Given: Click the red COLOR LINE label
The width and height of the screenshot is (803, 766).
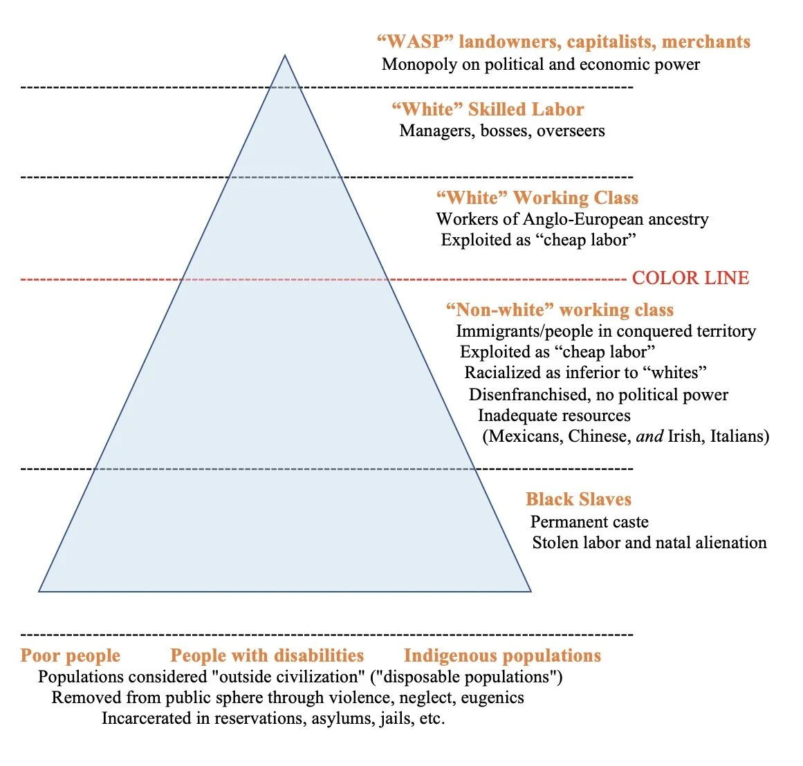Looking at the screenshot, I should (690, 278).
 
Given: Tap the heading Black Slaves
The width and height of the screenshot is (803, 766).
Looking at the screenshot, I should (578, 499).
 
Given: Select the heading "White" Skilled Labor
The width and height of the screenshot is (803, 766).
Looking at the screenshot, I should (488, 109).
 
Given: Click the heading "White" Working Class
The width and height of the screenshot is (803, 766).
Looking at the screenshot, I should (537, 198).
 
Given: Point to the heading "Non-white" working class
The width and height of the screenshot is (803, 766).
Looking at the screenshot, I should (560, 309).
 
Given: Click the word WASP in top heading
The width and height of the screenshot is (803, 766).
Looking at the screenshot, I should (415, 41).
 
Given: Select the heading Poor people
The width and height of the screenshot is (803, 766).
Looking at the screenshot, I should (70, 655).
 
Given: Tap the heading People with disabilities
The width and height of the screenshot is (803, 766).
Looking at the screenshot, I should (267, 655).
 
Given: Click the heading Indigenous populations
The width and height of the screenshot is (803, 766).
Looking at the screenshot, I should (502, 655).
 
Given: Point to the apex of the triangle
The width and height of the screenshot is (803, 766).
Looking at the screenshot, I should (285, 55).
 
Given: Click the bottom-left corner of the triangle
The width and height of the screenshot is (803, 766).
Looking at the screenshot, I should (39, 591).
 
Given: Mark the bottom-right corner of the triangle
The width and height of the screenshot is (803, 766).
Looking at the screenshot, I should (530, 591).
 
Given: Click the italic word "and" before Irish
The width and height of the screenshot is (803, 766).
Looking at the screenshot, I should (649, 436).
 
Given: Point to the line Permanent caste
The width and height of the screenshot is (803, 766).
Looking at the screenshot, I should (589, 522).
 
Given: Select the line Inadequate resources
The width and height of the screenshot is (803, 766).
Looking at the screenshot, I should (554, 415).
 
